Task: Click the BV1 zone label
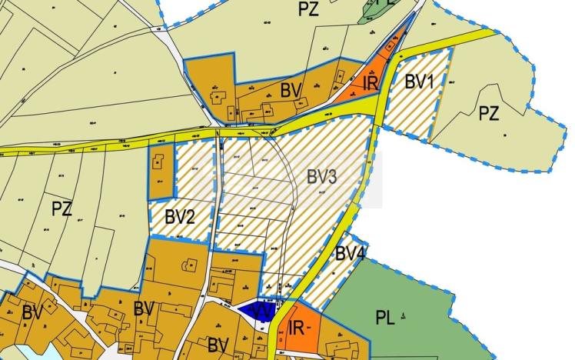(420, 80)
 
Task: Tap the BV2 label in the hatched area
(179, 216)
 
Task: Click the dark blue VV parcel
(254, 311)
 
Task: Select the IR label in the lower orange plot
(297, 327)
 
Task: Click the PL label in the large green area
(384, 318)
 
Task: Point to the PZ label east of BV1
(489, 115)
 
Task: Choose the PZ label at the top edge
(307, 9)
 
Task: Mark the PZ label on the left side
(61, 208)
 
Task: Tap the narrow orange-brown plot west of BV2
(159, 172)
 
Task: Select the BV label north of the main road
(290, 90)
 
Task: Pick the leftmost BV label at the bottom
(32, 313)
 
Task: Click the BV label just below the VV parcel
(218, 343)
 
